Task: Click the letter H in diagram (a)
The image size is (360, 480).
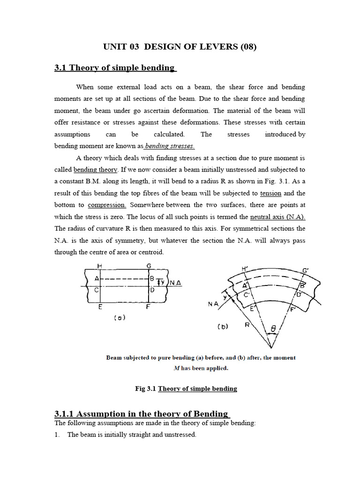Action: point(99,266)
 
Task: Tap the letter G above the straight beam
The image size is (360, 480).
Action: point(149,266)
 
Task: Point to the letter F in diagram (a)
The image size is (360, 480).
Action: point(148,307)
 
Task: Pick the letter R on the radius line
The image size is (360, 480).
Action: point(247,324)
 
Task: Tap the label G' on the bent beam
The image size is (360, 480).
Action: point(306,270)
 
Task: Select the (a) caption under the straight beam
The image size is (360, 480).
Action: point(120,317)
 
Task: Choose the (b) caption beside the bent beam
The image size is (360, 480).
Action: point(223,327)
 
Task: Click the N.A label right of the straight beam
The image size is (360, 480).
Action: point(175,283)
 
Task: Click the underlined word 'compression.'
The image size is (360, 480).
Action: point(107,205)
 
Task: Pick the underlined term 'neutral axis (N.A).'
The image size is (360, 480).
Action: point(277,217)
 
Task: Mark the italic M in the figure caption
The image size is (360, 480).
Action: point(176,368)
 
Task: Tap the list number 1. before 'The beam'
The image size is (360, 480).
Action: point(57,435)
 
